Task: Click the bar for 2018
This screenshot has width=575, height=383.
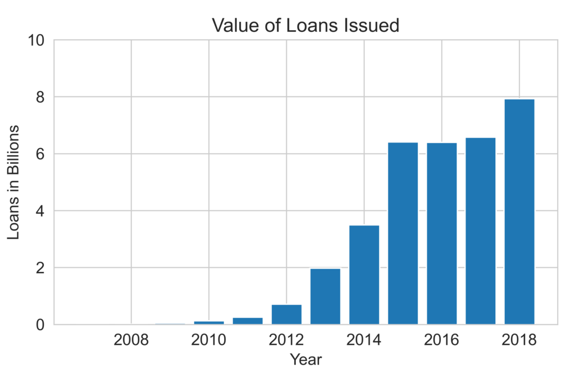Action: point(519,211)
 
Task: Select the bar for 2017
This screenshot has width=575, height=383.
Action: point(481,230)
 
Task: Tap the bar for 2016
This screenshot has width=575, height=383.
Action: point(442,233)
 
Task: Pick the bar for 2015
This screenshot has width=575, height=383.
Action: point(403,233)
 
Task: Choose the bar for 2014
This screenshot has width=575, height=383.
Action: point(364,274)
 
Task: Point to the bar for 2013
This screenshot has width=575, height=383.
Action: point(325,296)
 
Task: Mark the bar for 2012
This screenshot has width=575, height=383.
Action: point(286,314)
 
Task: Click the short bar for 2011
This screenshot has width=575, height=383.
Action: point(248,321)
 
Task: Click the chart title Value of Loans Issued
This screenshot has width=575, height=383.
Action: point(305,26)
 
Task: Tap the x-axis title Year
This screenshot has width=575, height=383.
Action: point(305,359)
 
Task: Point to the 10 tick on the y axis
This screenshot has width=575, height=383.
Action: point(36,40)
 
